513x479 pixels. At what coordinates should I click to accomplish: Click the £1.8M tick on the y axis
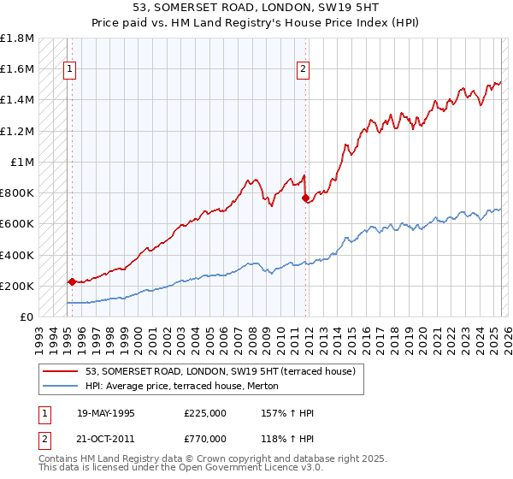tap(18, 38)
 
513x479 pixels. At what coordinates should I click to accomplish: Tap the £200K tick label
tap(17, 286)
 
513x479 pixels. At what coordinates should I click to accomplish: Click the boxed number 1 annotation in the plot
tap(69, 71)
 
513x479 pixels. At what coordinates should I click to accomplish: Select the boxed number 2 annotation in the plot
tap(303, 71)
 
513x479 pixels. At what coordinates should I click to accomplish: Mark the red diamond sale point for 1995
tap(71, 281)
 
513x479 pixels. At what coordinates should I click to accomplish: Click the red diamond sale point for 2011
tap(306, 198)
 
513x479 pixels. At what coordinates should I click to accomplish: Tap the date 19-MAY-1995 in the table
tap(106, 412)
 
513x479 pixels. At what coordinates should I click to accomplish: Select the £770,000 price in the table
tap(204, 438)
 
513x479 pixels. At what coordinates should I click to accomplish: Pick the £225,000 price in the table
tap(204, 412)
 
